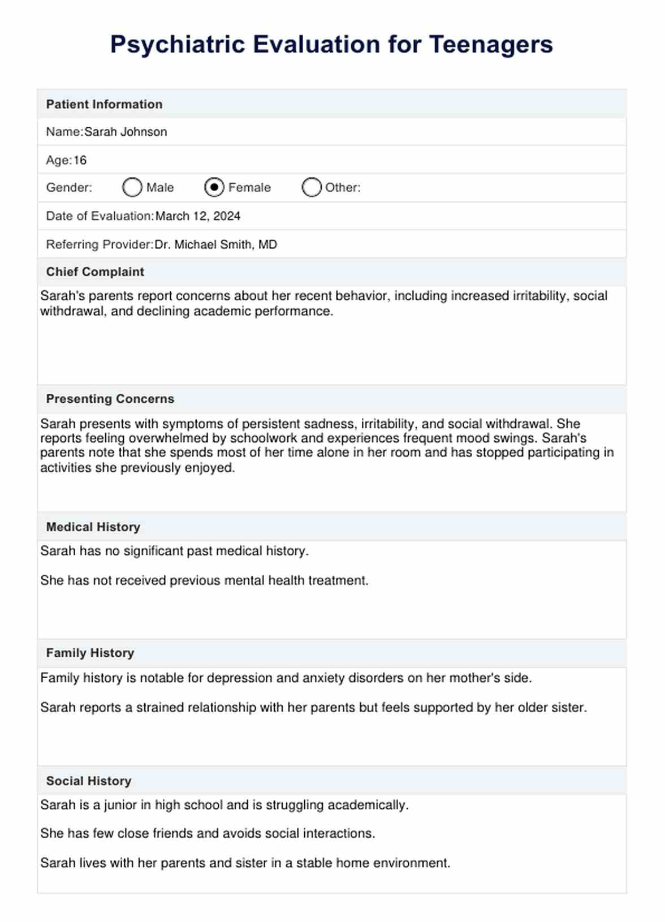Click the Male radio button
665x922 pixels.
(132, 187)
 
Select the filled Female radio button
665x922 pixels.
(214, 187)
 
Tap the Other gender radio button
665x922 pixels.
(312, 187)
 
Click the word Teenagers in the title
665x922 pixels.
(491, 45)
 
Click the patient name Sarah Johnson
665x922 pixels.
(126, 132)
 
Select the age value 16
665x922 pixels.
(80, 160)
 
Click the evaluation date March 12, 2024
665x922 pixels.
(198, 216)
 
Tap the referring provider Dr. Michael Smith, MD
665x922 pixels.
(215, 244)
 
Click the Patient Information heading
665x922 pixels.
(104, 104)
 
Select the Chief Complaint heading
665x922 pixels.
(95, 272)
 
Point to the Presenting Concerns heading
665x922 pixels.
(110, 399)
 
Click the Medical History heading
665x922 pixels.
(93, 527)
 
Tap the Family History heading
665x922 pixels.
(90, 653)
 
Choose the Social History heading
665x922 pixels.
(89, 781)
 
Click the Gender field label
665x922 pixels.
(69, 188)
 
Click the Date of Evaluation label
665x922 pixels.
(100, 216)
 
